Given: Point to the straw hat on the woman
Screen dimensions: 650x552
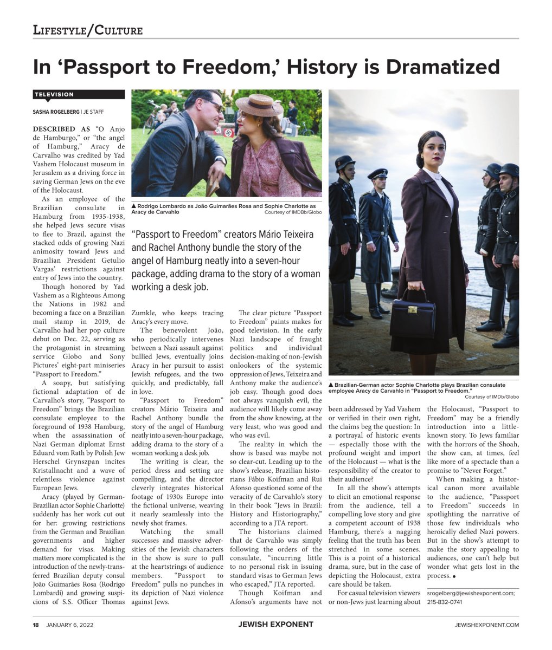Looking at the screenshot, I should [259, 105].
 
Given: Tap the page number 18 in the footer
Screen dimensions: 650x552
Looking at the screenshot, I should [36, 625].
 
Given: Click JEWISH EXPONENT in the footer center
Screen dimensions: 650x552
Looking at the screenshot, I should [275, 625].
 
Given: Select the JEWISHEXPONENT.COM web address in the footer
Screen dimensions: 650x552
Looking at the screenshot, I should [487, 625].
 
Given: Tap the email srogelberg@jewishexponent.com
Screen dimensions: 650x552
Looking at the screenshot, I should [471, 593].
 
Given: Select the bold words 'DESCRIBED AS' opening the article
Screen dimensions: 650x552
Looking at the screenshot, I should [62, 129].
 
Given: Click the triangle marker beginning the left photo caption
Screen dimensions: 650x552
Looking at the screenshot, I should [134, 206].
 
